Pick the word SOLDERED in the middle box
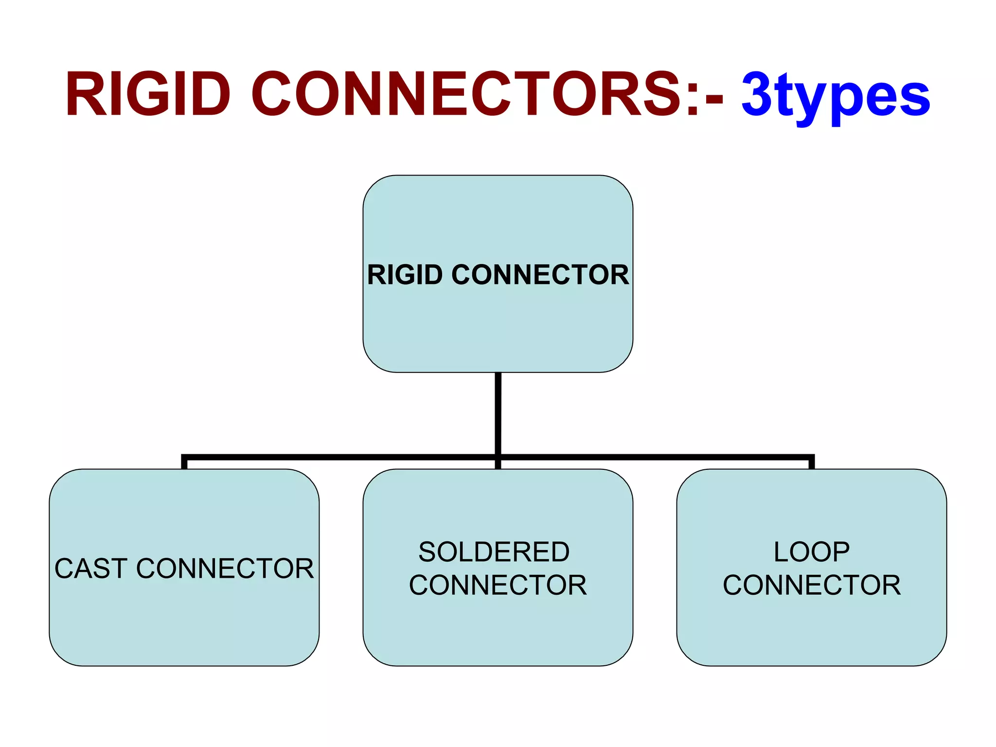(x=494, y=552)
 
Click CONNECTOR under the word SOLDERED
(x=498, y=585)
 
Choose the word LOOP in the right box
(x=811, y=552)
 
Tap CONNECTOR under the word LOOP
(x=811, y=585)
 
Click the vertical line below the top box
(x=498, y=413)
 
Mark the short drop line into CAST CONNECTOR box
(x=184, y=463)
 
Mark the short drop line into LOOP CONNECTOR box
(x=811, y=463)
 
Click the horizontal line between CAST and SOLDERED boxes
(x=340, y=457)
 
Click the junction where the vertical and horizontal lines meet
(x=498, y=457)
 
